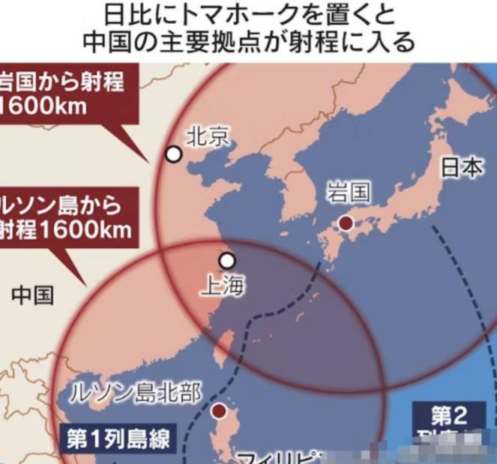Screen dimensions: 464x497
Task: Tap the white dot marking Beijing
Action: click(x=174, y=154)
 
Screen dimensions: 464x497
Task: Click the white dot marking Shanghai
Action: click(x=227, y=260)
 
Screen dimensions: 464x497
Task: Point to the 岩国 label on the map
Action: click(x=349, y=192)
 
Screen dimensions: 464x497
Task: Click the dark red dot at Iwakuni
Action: click(x=346, y=223)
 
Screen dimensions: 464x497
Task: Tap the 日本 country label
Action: click(x=462, y=168)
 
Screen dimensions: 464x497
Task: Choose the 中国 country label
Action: click(x=32, y=295)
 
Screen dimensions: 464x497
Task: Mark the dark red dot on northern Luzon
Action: click(x=218, y=410)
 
